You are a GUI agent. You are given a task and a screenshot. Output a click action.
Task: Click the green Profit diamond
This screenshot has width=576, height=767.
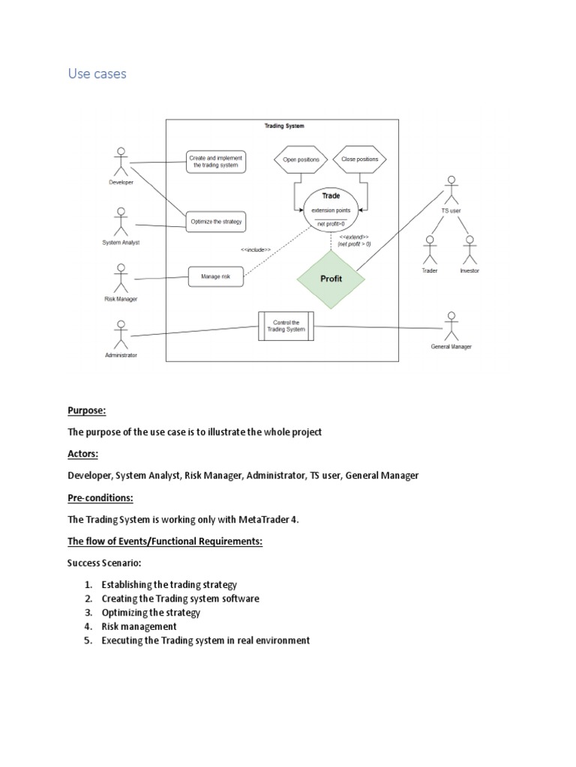pyautogui.click(x=331, y=279)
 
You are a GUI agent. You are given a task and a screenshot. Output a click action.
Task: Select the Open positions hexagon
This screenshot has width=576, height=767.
pyautogui.click(x=301, y=160)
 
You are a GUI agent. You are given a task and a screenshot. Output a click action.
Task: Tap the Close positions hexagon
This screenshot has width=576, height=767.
pyautogui.click(x=360, y=160)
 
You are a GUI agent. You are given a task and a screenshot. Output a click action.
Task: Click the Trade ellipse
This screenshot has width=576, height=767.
pyautogui.click(x=331, y=209)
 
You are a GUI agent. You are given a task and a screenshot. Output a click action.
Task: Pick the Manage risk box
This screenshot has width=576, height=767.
pyautogui.click(x=216, y=277)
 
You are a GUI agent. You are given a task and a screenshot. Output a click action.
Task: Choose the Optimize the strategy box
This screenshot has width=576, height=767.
pyautogui.click(x=216, y=222)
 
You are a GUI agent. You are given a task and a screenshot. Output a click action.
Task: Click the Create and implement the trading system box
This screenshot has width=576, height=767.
pyautogui.click(x=216, y=162)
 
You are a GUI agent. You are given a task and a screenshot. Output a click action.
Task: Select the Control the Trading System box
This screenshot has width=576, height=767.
pyautogui.click(x=286, y=327)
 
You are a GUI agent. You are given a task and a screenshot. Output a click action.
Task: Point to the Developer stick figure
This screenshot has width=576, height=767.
pyautogui.click(x=121, y=162)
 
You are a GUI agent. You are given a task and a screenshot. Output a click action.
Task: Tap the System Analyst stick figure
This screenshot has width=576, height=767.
pyautogui.click(x=121, y=222)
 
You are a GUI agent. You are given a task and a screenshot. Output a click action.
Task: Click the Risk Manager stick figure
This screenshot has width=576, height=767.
pyautogui.click(x=121, y=279)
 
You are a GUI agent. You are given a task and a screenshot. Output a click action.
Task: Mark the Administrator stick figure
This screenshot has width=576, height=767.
pyautogui.click(x=121, y=335)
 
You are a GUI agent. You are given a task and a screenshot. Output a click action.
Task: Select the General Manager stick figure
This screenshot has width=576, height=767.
pyautogui.click(x=451, y=327)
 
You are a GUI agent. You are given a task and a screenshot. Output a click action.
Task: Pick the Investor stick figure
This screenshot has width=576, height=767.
pyautogui.click(x=469, y=250)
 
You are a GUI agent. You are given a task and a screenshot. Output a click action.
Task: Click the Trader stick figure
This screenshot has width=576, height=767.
pyautogui.click(x=430, y=250)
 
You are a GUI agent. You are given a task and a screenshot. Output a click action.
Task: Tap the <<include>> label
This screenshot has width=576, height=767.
pyautogui.click(x=256, y=250)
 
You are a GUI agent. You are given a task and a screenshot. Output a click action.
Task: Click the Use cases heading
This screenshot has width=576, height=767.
pyautogui.click(x=97, y=74)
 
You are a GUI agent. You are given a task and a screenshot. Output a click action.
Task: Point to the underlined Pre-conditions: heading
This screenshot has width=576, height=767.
pyautogui.click(x=100, y=498)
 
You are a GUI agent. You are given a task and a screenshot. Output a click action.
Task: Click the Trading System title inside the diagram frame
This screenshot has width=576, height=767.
pyautogui.click(x=284, y=126)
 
